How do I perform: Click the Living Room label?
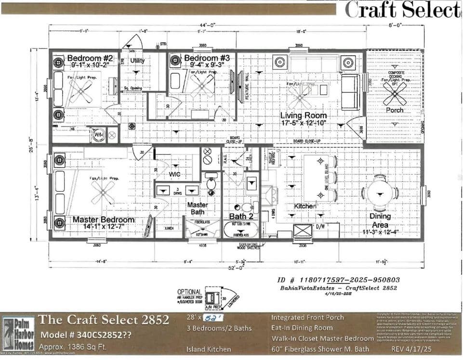(304, 116)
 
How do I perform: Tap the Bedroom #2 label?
(90, 58)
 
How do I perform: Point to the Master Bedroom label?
(104, 220)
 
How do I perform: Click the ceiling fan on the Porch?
(396, 93)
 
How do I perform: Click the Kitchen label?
(305, 206)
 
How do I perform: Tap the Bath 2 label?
(241, 216)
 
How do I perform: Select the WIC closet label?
(174, 174)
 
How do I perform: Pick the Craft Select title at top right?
(403, 10)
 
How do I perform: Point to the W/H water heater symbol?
(99, 135)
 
